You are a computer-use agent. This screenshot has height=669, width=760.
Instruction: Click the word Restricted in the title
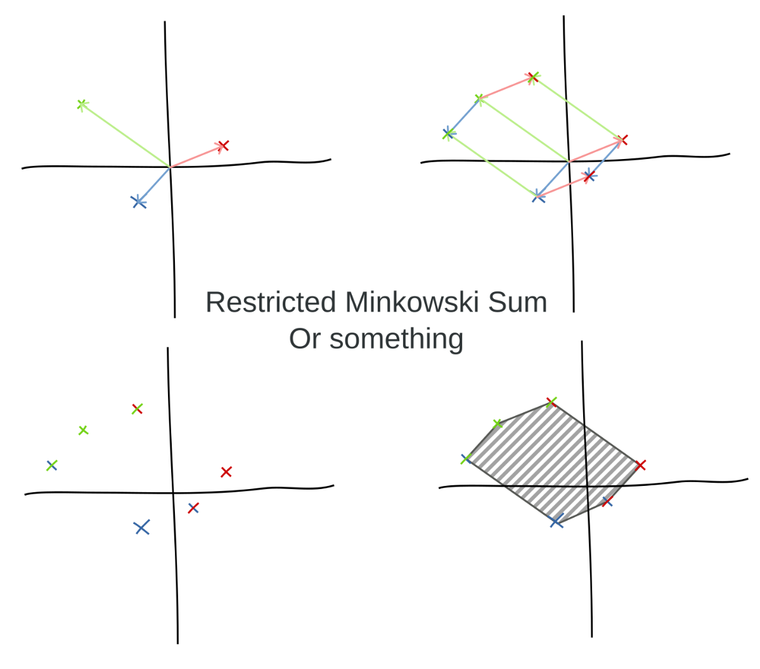tap(271, 302)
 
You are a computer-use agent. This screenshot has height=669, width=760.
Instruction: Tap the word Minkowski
tap(413, 302)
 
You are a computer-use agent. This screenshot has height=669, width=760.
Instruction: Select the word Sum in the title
tap(518, 302)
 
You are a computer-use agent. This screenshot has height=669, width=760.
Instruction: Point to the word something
tap(396, 339)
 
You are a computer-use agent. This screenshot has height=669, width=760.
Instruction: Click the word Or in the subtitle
tap(305, 338)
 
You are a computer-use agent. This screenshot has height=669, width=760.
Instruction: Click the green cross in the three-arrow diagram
tap(82, 104)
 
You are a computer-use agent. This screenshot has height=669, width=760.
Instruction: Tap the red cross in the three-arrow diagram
tap(223, 145)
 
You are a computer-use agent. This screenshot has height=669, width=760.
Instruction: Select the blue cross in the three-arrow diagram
tap(139, 202)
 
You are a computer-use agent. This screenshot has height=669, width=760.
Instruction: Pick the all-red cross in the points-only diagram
tap(226, 471)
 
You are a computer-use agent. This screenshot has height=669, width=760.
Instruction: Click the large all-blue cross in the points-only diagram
tap(141, 527)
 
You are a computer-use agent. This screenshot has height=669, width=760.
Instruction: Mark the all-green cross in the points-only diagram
tap(84, 430)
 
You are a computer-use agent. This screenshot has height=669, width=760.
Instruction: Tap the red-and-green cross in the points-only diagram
tap(137, 409)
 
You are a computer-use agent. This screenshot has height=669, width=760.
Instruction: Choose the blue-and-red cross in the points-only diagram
tap(193, 508)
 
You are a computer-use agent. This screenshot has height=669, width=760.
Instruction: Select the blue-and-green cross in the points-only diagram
tap(52, 466)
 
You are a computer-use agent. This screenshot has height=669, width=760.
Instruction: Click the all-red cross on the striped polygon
tap(640, 465)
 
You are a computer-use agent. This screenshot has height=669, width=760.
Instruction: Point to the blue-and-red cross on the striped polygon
tap(607, 502)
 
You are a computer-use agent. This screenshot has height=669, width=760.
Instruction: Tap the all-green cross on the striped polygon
tap(498, 424)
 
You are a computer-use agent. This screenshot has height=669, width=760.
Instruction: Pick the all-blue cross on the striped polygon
tap(557, 521)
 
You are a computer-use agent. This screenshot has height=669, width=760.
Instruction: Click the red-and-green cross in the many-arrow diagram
tap(533, 77)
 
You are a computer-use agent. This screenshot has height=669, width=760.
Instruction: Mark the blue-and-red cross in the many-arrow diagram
tap(589, 177)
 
